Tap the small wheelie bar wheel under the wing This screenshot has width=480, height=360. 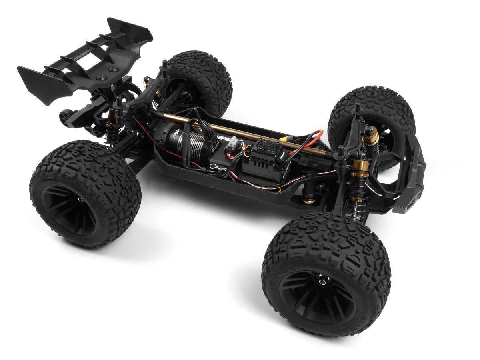tap(64, 116)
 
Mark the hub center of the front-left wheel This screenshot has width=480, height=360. tap(322, 282)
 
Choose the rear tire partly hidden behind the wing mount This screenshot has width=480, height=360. tap(200, 80)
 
